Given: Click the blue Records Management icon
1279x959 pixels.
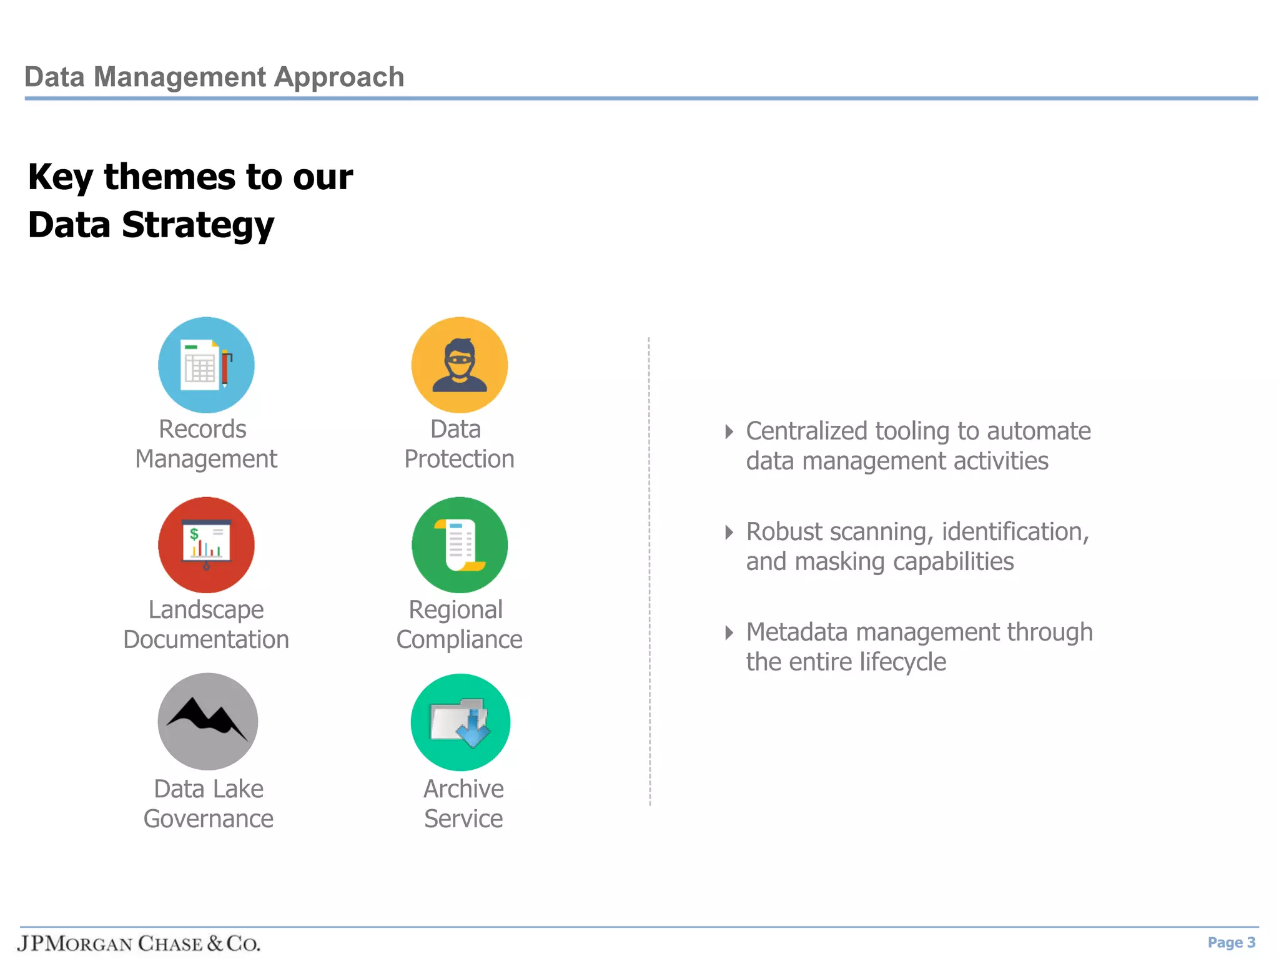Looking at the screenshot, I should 206,365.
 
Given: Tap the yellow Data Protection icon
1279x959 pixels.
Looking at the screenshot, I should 459,365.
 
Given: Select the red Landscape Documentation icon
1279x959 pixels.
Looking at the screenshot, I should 206,545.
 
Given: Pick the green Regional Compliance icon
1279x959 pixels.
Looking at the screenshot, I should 459,545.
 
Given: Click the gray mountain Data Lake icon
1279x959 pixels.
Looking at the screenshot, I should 207,722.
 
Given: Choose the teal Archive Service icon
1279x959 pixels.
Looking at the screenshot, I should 460,722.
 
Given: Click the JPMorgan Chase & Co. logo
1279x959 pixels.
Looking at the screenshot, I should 139,943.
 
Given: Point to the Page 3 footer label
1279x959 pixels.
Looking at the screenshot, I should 1231,942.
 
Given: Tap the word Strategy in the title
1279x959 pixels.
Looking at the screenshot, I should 198,225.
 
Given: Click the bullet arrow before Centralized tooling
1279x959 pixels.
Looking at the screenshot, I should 729,431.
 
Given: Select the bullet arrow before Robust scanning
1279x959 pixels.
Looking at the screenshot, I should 729,532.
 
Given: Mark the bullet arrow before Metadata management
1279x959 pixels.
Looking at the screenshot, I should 729,632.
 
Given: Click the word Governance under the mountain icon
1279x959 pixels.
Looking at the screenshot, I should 208,819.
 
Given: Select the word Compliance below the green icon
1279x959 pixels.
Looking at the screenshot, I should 459,640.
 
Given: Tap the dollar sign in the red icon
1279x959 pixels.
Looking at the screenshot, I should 194,534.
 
